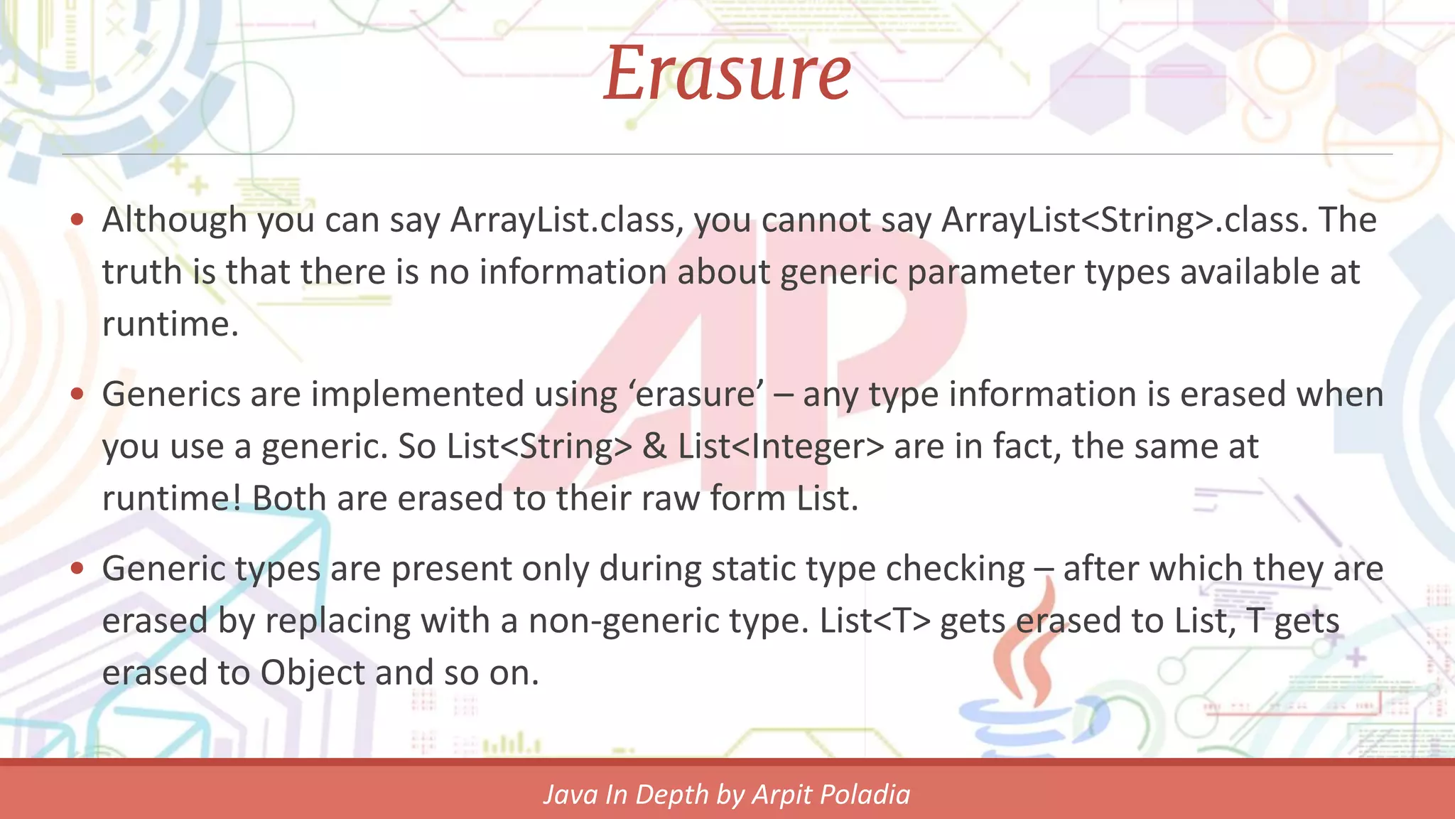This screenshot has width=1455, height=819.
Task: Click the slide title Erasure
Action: (x=727, y=73)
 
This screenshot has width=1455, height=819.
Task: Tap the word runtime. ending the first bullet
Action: (x=170, y=325)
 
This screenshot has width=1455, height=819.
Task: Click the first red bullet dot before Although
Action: (x=77, y=219)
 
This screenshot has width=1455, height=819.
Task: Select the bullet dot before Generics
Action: (x=77, y=394)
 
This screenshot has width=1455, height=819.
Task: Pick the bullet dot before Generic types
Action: (x=77, y=568)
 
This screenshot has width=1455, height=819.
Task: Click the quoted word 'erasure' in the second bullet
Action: (x=696, y=395)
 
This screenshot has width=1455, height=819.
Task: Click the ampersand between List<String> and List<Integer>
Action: (x=654, y=447)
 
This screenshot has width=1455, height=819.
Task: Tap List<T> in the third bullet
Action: (x=875, y=621)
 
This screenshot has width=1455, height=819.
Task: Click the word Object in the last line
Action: (x=312, y=673)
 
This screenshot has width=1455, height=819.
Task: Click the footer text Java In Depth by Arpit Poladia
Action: (x=727, y=794)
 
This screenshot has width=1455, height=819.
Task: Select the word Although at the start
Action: (x=174, y=220)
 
